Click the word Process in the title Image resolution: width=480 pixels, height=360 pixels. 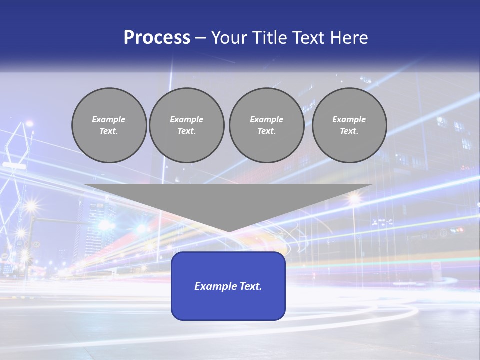pyautogui.click(x=157, y=38)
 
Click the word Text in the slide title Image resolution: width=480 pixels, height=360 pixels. pyautogui.click(x=310, y=38)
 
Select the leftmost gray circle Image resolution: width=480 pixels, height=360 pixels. pyautogui.click(x=109, y=125)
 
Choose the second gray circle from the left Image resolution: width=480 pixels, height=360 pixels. pyautogui.click(x=186, y=125)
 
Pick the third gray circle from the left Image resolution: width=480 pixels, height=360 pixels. pyautogui.click(x=266, y=125)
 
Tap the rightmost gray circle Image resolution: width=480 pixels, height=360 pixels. pyautogui.click(x=349, y=125)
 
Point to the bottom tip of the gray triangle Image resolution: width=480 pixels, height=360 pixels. pyautogui.click(x=228, y=231)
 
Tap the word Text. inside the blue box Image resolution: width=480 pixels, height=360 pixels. pyautogui.click(x=250, y=286)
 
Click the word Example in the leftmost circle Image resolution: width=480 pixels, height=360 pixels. pyautogui.click(x=109, y=119)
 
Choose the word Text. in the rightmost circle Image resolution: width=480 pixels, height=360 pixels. pyautogui.click(x=349, y=131)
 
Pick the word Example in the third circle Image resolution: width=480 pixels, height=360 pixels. pyautogui.click(x=266, y=119)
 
